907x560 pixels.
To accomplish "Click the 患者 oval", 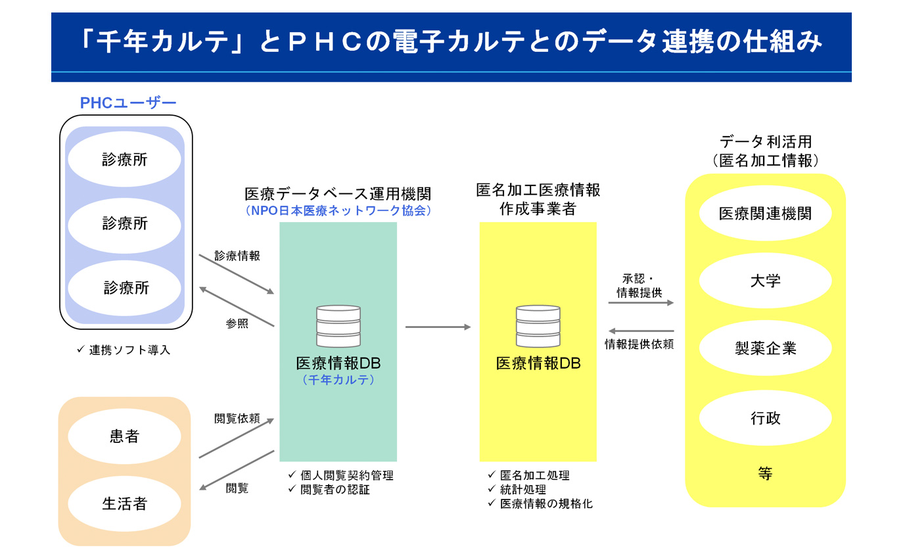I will [x=124, y=436].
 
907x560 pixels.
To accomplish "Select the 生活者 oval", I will [x=124, y=504].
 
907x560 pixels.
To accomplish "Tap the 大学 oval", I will [x=765, y=281].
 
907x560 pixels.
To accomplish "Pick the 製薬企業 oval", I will [x=765, y=348].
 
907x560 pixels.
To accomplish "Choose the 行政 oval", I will [x=765, y=418].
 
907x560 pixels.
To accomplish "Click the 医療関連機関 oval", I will [x=765, y=213].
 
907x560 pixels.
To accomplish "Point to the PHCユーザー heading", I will [x=128, y=103].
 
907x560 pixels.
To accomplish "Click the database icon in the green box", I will [x=338, y=326].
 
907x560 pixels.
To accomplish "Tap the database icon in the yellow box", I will [x=538, y=326].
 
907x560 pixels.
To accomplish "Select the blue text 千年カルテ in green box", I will [x=338, y=379].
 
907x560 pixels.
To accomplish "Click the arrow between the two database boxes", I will [x=438, y=327].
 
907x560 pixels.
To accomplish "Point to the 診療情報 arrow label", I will [x=237, y=256].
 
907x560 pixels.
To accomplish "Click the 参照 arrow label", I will [x=237, y=323].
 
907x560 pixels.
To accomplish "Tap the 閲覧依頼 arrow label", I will [x=237, y=419].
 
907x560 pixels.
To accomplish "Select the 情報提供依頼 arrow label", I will [x=639, y=344].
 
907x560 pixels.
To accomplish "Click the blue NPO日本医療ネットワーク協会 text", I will [x=338, y=211].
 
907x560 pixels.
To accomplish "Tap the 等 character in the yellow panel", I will [x=764, y=474].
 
